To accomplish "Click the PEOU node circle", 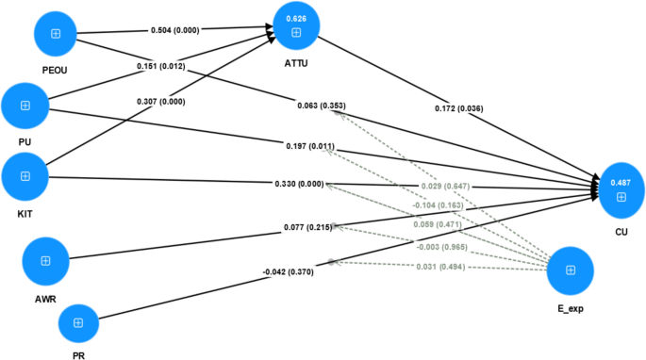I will (x=56, y=34).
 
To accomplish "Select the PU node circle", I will (x=25, y=106).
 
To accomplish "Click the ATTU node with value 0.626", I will (x=296, y=26).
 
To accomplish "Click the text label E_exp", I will (x=570, y=308).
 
